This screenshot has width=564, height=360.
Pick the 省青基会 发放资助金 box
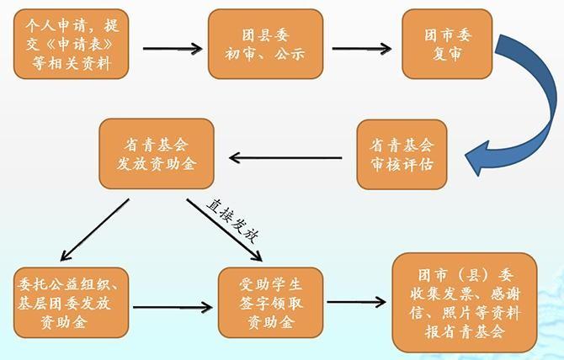tap(156, 154)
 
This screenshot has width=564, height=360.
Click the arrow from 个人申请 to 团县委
tap(172, 47)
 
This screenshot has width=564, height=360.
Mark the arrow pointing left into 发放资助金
tap(286, 156)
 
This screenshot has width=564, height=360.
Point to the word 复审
tap(446, 55)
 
